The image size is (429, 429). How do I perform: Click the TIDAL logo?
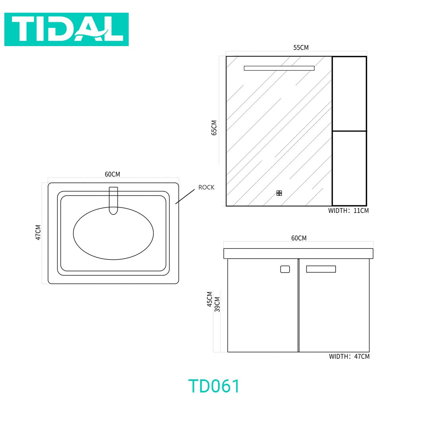pos(66,29)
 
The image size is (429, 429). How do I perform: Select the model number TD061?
pos(214,386)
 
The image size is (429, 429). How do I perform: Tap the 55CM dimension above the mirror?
pos(301,48)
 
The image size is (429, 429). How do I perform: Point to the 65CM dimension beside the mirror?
pos(214,128)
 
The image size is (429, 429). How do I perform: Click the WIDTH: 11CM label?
pos(349,211)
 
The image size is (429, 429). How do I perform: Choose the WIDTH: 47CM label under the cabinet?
pos(350,356)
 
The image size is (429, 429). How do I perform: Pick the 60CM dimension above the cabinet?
pos(299,238)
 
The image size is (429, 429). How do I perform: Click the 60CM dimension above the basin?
pos(112,174)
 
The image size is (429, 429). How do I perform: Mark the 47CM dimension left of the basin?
pos(38,232)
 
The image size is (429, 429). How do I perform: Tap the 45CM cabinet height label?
pos(210,299)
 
